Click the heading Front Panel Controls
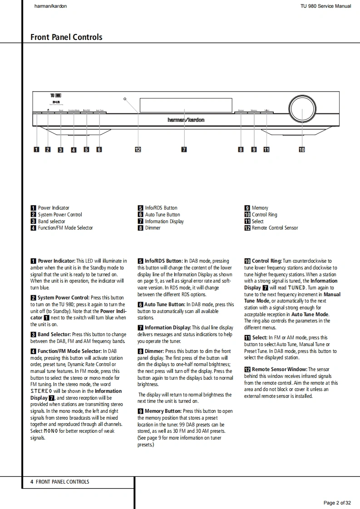point(66,37)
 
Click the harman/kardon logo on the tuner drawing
point(186,120)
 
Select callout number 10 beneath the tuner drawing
point(302,150)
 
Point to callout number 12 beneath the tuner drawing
point(138,150)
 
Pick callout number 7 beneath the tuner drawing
point(184,150)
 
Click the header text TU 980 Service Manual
point(325,6)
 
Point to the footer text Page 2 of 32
point(337,503)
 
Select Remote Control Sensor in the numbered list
point(275,228)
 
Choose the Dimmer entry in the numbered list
point(153,228)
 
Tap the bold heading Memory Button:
point(163,411)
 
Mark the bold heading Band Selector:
point(54,334)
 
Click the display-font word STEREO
point(44,391)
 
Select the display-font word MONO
point(50,431)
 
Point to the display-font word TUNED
point(296,288)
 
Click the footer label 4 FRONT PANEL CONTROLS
point(60,482)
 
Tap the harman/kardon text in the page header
point(49,6)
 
